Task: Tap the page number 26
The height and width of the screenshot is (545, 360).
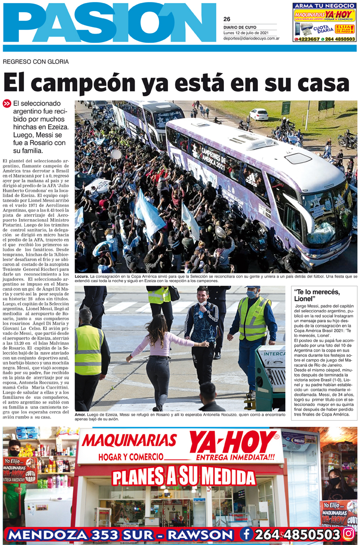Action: (x=226, y=19)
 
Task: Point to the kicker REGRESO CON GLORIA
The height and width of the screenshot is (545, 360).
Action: (x=36, y=62)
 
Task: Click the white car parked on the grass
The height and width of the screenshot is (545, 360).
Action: (x=258, y=114)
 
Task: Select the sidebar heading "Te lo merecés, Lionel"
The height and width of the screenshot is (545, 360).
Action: (x=317, y=295)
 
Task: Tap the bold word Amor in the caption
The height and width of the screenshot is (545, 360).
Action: (x=80, y=414)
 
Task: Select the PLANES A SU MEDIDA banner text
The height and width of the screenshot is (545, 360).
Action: (x=184, y=476)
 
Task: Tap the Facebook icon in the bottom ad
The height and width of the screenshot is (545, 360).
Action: (x=246, y=534)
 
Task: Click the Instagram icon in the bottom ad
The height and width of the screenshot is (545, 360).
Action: (x=348, y=534)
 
